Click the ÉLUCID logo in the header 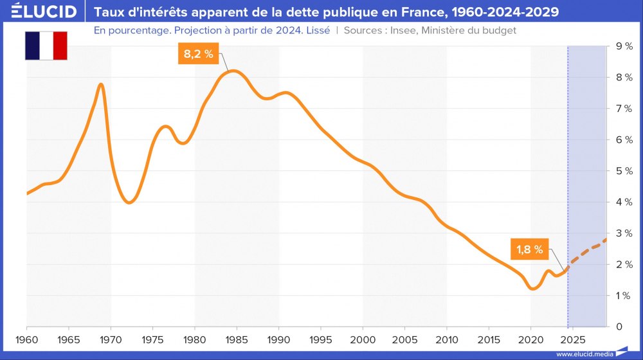[x=39, y=12]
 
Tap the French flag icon [x=46, y=45]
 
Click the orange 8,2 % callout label [x=198, y=54]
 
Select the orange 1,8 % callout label [x=530, y=249]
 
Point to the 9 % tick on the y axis [x=624, y=46]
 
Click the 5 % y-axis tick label [x=624, y=171]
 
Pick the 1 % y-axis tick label [x=624, y=296]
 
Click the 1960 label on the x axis [x=27, y=338]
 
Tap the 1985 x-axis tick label [x=237, y=338]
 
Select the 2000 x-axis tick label [x=363, y=338]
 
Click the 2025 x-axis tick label [x=573, y=338]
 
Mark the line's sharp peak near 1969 [x=101, y=85]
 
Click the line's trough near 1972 [x=129, y=203]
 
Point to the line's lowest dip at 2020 [x=532, y=289]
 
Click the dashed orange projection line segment [x=588, y=251]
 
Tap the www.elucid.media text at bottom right [x=584, y=354]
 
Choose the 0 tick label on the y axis [x=619, y=327]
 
